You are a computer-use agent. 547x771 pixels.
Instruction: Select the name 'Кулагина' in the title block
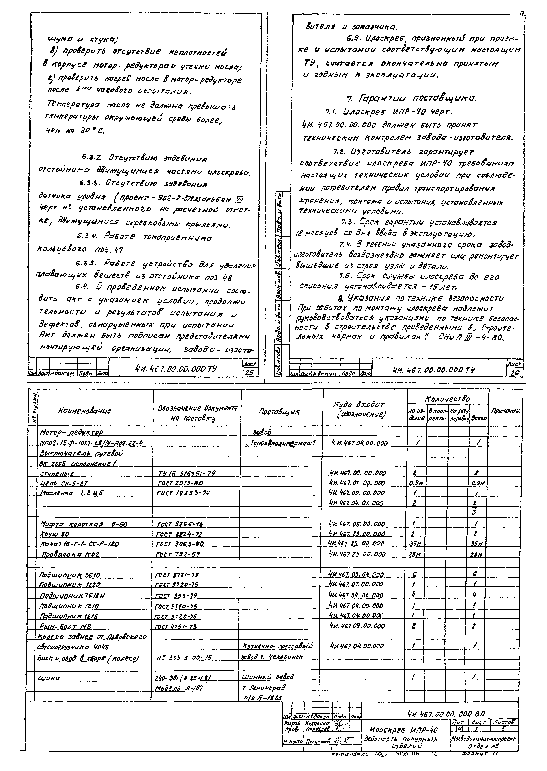pyautogui.click(x=318, y=723)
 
